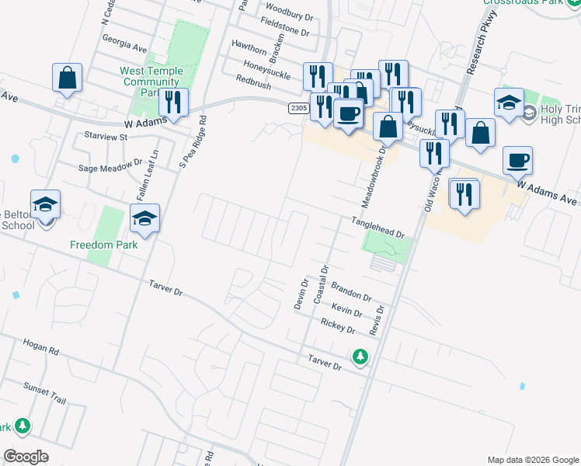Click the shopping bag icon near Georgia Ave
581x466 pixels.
pos(68,78)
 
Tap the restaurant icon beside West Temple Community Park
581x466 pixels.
pos(172,103)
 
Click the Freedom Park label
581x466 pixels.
pos(103,245)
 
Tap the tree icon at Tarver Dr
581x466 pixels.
pos(360,356)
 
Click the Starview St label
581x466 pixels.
pos(105,137)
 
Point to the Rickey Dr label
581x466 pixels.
pos(337,327)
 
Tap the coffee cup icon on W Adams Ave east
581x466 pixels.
pos(517,162)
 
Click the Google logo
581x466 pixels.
pos(26,457)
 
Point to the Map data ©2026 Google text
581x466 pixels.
pos(532,460)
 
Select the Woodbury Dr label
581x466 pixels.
pos(288,14)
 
